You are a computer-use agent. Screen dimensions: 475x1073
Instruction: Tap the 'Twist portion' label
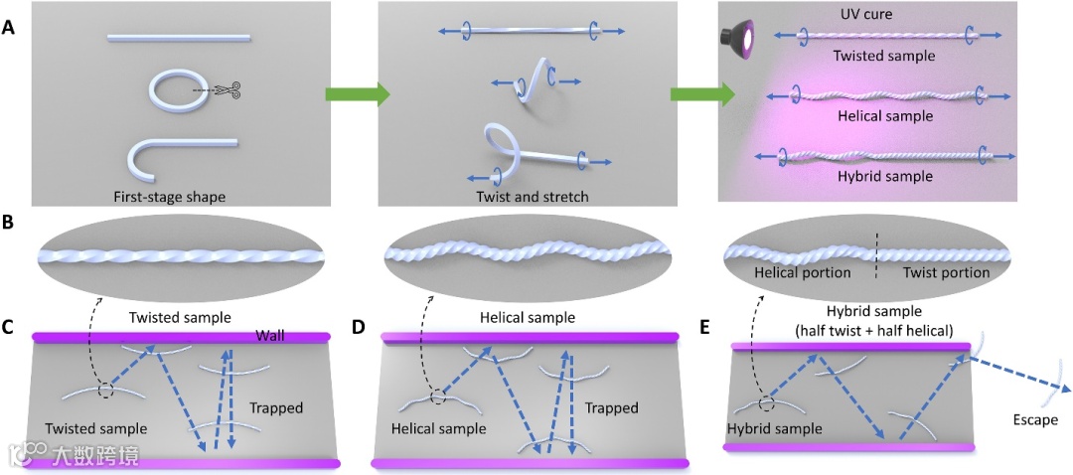pos(944,272)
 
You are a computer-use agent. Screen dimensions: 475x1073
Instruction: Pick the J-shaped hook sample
pos(169,157)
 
